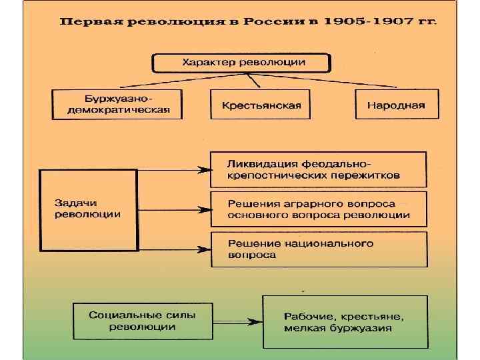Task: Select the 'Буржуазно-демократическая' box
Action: click(117, 105)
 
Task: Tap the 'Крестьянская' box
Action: click(261, 105)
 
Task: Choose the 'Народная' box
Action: click(396, 105)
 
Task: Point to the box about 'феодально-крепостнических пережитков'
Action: click(318, 170)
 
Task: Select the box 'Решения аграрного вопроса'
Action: click(318, 209)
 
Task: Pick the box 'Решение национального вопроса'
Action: click(318, 249)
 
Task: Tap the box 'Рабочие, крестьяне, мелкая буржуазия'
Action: click(344, 322)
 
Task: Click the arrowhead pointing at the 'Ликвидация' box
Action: click(204, 170)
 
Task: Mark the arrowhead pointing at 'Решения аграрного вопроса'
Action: click(204, 209)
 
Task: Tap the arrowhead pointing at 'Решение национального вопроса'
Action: click(204, 250)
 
